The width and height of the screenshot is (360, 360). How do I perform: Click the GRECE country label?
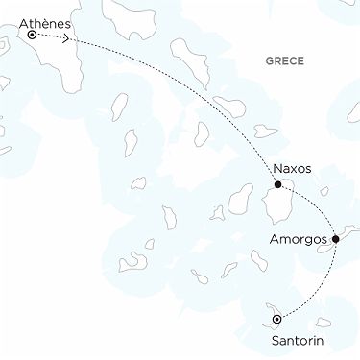(x=284, y=61)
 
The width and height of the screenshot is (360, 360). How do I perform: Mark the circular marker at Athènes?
(x=33, y=35)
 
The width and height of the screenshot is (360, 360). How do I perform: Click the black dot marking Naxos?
(x=277, y=184)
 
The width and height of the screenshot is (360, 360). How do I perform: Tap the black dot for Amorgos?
(x=335, y=239)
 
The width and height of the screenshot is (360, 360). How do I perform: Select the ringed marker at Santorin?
(x=276, y=318)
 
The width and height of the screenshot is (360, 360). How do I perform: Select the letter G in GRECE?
(x=268, y=61)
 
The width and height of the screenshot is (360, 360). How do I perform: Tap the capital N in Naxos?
(x=276, y=167)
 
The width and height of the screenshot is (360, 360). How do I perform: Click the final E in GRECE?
(x=300, y=61)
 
